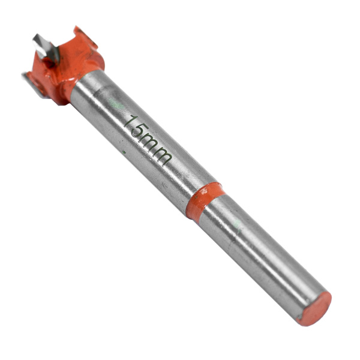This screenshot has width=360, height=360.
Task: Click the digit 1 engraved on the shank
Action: point(133,121)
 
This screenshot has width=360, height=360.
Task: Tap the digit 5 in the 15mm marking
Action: point(140,132)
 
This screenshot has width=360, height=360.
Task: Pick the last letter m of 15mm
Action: point(161,157)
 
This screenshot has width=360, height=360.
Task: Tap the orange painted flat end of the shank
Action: point(314,308)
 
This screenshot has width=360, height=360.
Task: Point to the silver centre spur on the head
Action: point(46,48)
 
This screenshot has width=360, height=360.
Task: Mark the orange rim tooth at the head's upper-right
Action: point(85,37)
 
